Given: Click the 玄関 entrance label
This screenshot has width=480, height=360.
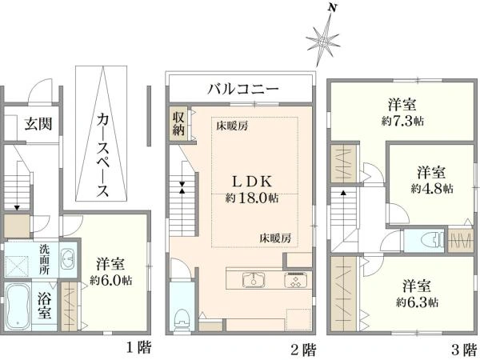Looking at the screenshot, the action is point(38,124).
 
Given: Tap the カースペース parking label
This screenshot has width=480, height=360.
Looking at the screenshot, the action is point(102,155).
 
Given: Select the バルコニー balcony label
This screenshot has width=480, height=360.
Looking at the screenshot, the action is point(243,89).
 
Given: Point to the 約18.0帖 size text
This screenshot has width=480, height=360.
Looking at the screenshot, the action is point(252,198).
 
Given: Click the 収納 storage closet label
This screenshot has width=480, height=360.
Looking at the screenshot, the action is point(178,124).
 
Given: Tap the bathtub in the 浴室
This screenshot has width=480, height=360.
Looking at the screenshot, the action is point(18,306).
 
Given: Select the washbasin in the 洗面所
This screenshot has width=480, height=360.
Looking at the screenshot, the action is point(67,260).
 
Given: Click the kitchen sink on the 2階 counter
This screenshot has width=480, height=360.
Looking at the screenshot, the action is point(254,280).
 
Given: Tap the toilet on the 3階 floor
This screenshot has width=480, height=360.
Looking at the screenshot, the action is point(433,239).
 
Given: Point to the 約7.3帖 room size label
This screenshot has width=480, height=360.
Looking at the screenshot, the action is point(402,122).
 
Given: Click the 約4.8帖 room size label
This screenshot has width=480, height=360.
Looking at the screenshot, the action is point(432,188).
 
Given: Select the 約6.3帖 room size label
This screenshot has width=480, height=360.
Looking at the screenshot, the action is point(417,302).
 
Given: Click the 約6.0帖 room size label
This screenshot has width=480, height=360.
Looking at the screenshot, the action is point(111,280).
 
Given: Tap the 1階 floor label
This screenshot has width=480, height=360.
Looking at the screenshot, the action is point(139,348).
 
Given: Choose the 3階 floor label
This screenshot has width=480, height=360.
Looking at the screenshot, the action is point(464,349).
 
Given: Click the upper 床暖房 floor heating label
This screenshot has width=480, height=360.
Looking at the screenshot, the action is point(232,126).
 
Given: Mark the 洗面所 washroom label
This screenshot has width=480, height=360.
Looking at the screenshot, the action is point(44,259).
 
